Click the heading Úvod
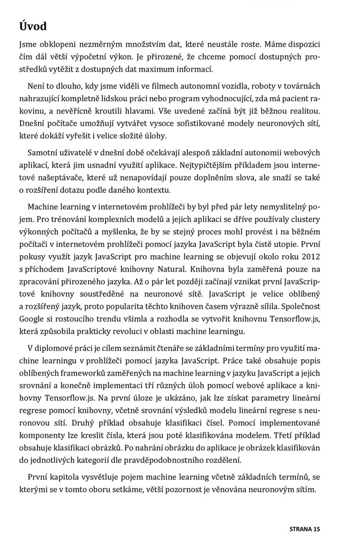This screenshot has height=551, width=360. click(33, 26)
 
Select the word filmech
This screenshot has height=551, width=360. click(131, 86)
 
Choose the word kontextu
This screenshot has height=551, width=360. click(154, 190)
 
